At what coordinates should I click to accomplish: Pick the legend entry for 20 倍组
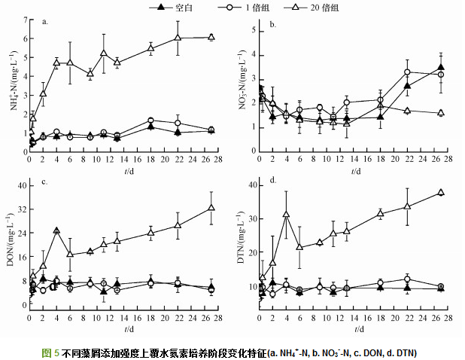click(x=336, y=7)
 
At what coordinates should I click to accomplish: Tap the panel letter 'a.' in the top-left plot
click(x=45, y=23)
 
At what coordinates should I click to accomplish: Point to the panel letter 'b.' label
click(x=273, y=25)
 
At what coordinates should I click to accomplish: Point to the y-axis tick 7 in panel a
click(x=23, y=20)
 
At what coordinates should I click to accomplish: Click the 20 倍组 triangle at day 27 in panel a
click(x=211, y=37)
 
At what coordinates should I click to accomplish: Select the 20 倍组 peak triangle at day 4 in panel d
click(x=286, y=214)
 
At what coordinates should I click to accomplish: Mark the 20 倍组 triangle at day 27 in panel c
click(x=211, y=207)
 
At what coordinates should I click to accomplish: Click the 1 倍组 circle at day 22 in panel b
click(x=407, y=72)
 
